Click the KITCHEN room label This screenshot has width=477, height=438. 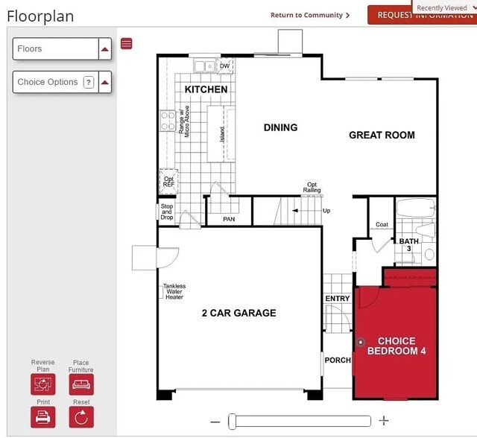pos(206,89)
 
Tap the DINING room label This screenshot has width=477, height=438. pos(280,127)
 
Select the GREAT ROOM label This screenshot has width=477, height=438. pos(382,135)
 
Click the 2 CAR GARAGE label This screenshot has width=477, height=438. pos(238,313)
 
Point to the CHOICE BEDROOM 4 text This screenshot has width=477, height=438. pos(397,346)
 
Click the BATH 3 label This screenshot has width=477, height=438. pos(408,244)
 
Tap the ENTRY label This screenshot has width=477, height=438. pos(337,299)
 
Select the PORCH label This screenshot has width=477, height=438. pos(338,361)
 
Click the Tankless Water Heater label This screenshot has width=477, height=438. pos(174,291)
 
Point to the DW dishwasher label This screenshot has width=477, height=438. pos(225,66)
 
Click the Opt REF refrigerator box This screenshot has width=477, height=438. pos(168,181)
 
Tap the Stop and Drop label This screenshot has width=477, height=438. pos(167,212)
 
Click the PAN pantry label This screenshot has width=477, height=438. pos(229,219)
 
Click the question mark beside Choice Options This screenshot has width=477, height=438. pos(89,82)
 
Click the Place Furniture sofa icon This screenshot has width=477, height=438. pos(81,384)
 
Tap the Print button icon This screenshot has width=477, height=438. pos(43,416)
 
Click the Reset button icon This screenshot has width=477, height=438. pos(81,416)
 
